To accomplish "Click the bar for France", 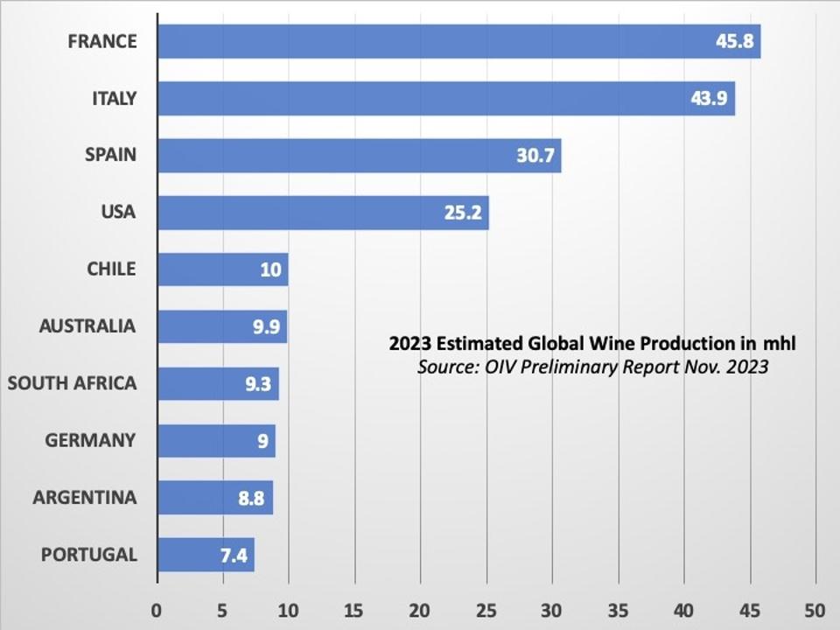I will pyautogui.click(x=437, y=41).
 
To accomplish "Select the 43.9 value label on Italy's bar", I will pyautogui.click(x=709, y=99).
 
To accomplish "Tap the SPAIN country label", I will pyautogui.click(x=110, y=155).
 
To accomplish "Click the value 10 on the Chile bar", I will pyautogui.click(x=270, y=269).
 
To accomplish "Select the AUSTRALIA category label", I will pyautogui.click(x=87, y=326).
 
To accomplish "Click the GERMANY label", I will pyautogui.click(x=91, y=440).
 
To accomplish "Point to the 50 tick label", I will pyautogui.click(x=815, y=609).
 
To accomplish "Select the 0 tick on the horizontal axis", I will pyautogui.click(x=157, y=609).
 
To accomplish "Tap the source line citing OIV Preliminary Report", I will pyautogui.click(x=592, y=367).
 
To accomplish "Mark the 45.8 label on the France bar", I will pyautogui.click(x=735, y=42).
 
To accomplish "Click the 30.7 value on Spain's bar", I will pyautogui.click(x=536, y=156).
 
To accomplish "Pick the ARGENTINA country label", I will pyautogui.click(x=85, y=498).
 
